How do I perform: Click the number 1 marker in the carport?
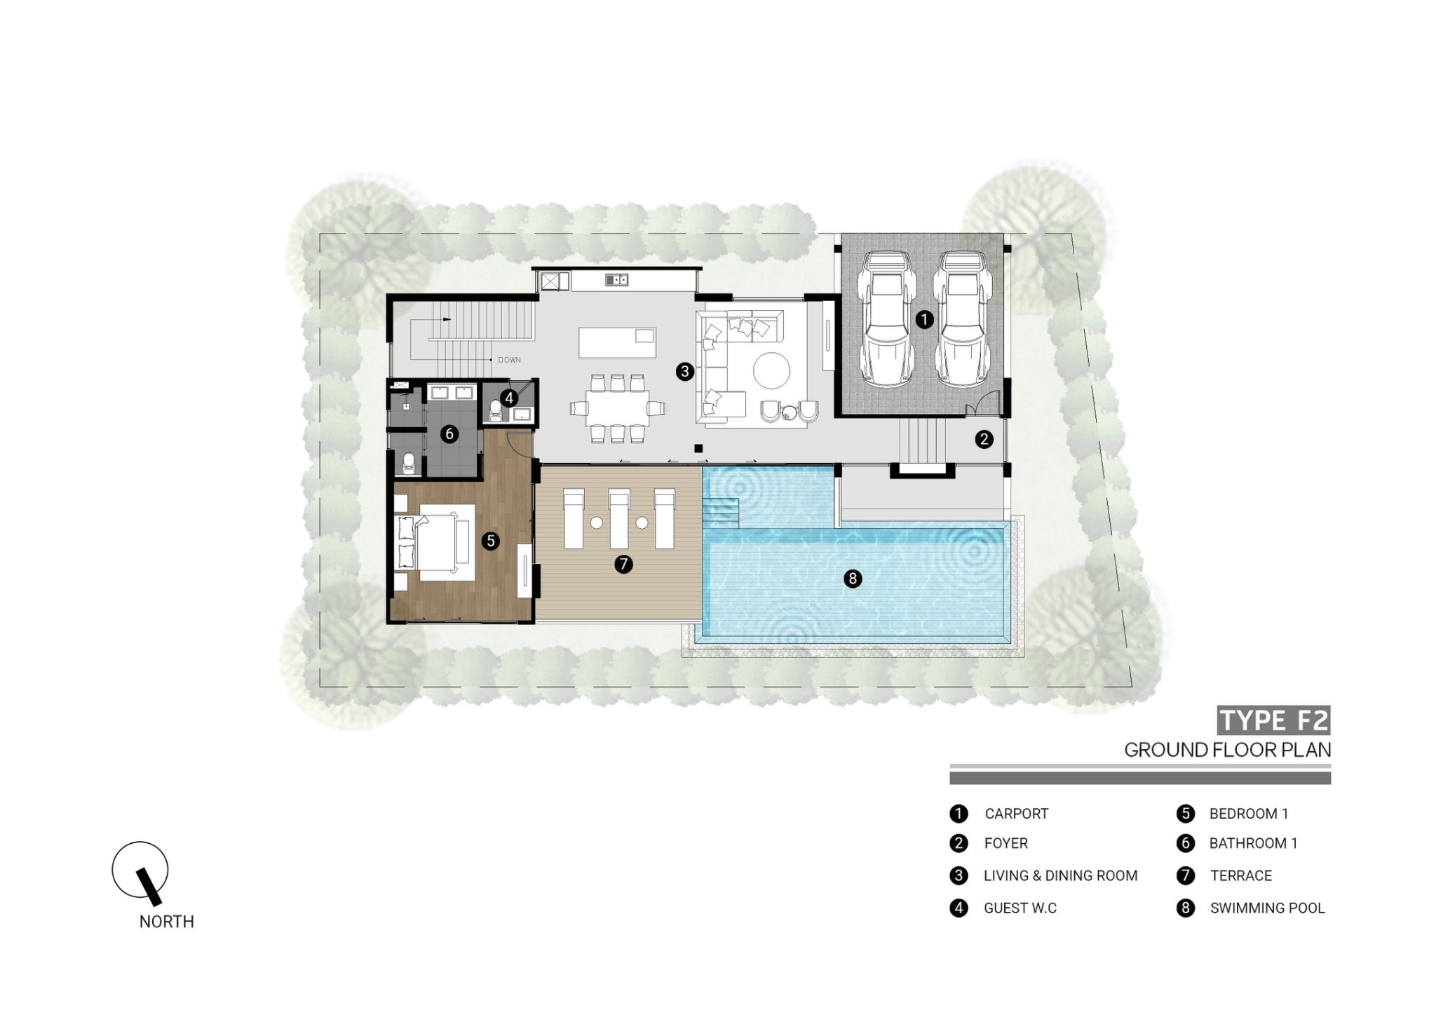924,320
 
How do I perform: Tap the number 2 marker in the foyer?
984,440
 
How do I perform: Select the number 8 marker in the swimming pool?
853,579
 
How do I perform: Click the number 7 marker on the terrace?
623,564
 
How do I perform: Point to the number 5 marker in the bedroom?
491,541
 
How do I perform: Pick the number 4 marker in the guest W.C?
509,398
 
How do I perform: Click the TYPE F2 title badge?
1273,720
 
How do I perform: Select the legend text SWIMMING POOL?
1267,908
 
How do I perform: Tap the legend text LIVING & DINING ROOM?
1060,876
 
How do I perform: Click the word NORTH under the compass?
167,922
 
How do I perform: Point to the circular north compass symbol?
140,870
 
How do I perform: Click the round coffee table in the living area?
771,370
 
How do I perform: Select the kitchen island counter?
617,343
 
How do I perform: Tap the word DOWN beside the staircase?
509,360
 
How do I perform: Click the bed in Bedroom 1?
438,542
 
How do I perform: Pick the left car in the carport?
887,319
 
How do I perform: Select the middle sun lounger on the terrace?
618,519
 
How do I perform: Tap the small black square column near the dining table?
698,448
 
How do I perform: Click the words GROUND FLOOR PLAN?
1227,750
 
